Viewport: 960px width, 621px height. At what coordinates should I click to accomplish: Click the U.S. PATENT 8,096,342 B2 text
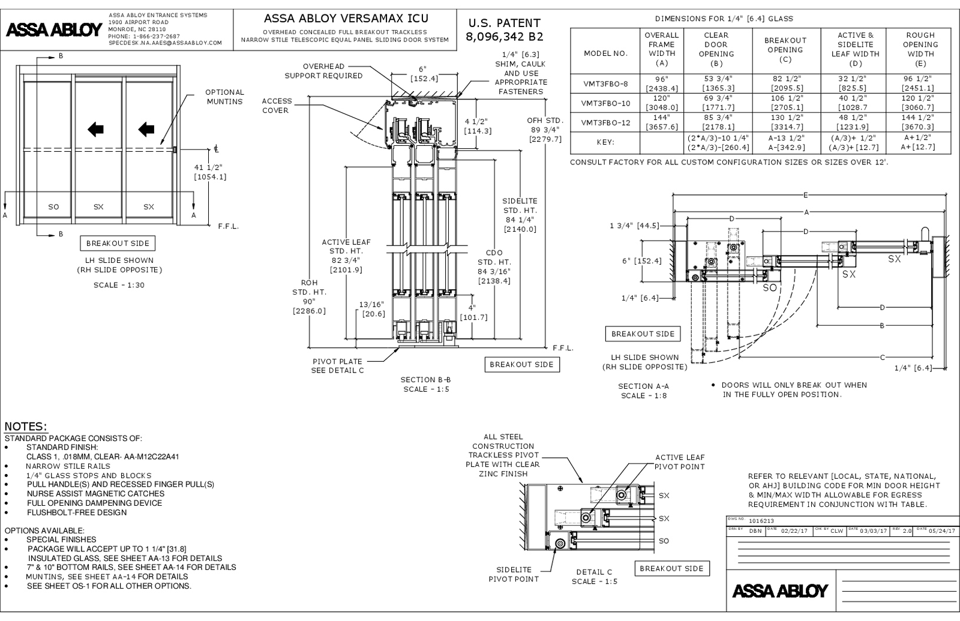click(503, 29)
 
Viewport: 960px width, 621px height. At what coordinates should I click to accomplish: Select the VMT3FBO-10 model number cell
click(605, 103)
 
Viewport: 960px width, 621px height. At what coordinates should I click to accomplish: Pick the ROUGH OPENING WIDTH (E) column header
click(920, 49)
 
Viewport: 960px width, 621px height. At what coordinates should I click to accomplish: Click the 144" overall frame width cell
click(661, 122)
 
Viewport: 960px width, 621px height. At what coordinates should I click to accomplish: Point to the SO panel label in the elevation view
click(53, 207)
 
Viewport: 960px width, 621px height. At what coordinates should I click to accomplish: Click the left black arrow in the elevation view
click(95, 128)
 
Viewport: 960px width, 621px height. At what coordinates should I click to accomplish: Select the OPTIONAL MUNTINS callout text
click(224, 97)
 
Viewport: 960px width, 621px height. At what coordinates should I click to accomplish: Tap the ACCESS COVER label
click(277, 106)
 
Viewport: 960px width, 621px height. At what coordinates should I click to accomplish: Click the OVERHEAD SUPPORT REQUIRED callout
click(323, 71)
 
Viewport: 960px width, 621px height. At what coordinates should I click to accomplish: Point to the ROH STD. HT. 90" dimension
click(309, 296)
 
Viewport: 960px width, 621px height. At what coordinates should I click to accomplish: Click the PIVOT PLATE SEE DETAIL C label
click(337, 366)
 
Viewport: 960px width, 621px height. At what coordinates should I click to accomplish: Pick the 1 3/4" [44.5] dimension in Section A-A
click(634, 226)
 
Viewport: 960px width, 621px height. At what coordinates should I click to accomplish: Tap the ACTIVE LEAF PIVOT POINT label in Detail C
click(679, 462)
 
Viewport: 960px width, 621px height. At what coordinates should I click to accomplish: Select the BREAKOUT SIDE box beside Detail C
click(671, 568)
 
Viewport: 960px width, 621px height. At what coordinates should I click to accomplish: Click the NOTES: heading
click(25, 427)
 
